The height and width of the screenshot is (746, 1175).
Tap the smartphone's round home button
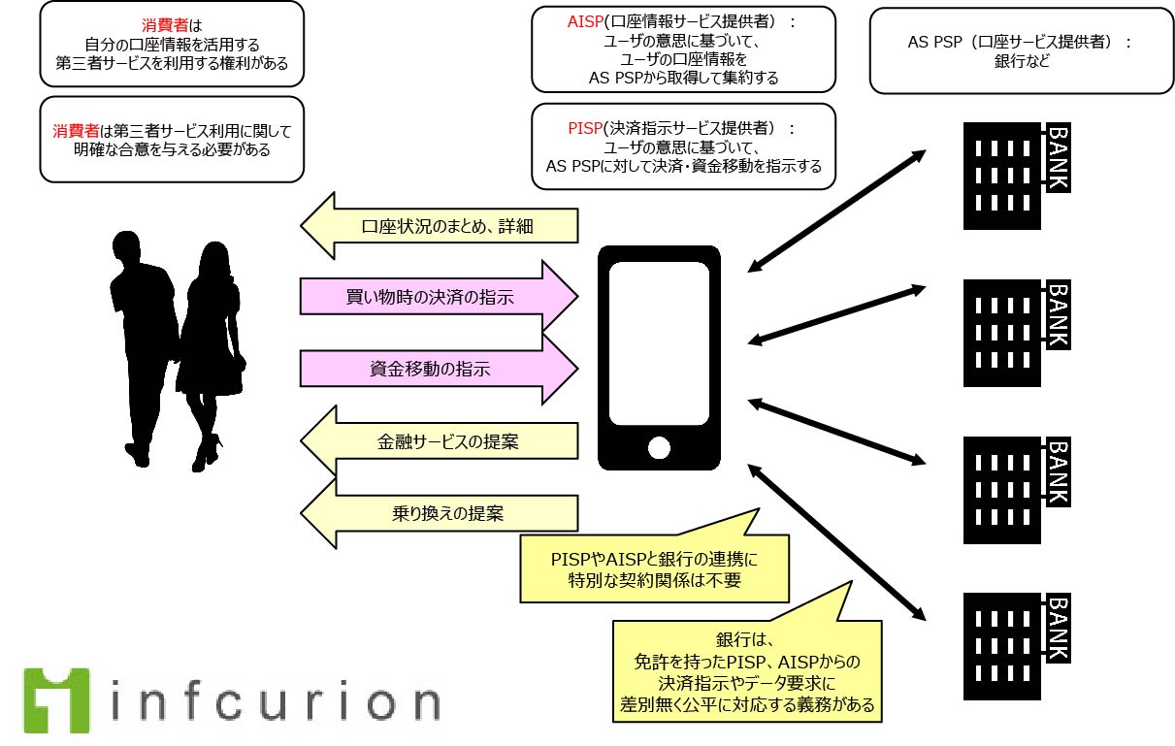pyautogui.click(x=660, y=448)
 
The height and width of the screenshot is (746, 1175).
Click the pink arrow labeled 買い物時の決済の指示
pyautogui.click(x=437, y=297)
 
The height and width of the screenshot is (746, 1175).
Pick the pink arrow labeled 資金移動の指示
pyautogui.click(x=437, y=370)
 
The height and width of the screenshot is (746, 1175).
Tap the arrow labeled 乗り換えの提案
pyautogui.click(x=442, y=513)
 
